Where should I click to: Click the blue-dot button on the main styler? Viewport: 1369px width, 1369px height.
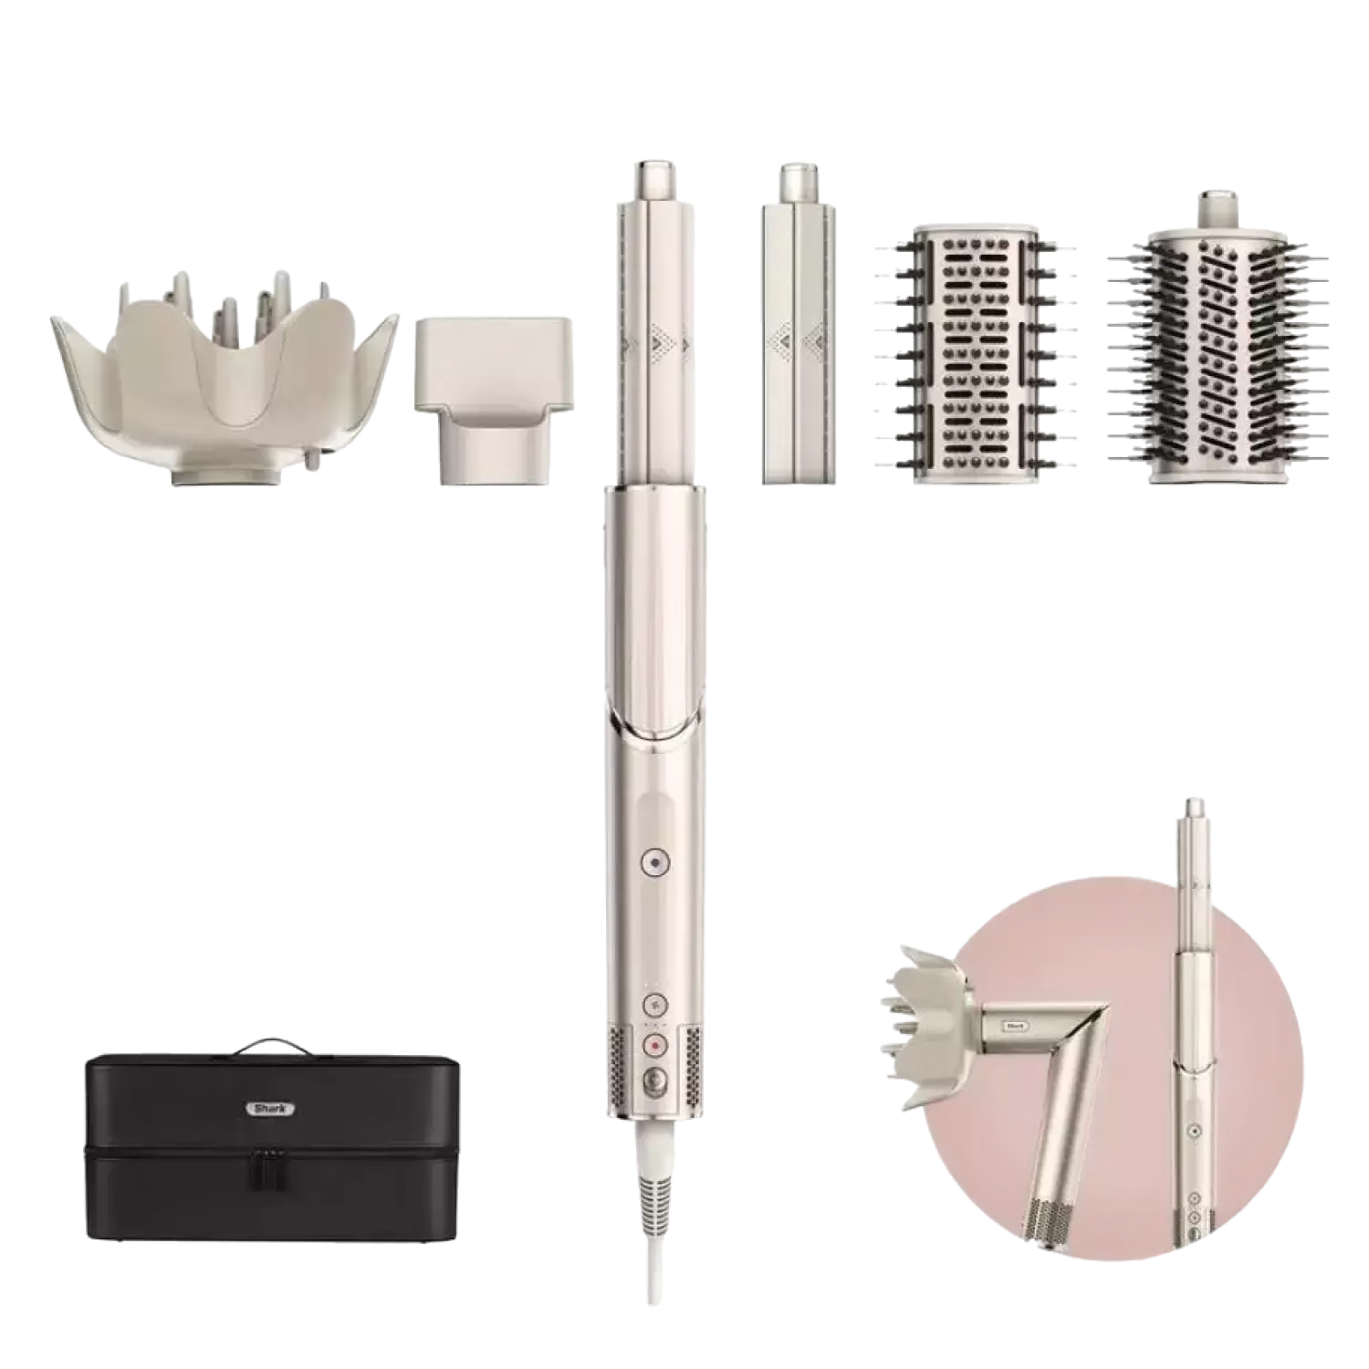pos(653,861)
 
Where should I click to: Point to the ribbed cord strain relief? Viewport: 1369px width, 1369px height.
pos(653,1196)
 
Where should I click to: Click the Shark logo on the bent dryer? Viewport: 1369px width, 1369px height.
pos(1016,1026)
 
